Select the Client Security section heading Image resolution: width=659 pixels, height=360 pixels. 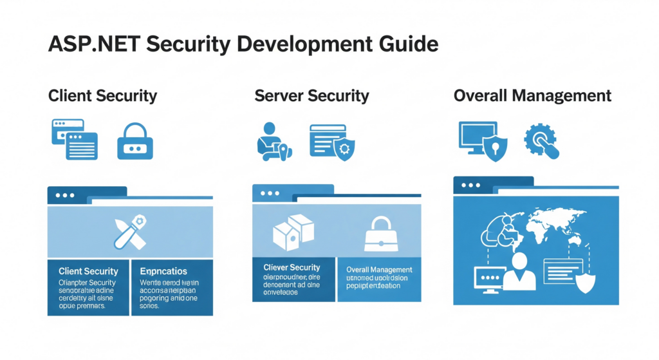click(102, 96)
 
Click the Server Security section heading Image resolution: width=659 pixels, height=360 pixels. click(311, 96)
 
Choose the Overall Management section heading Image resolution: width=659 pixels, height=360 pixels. click(532, 96)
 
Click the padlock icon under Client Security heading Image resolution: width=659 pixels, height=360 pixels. click(135, 141)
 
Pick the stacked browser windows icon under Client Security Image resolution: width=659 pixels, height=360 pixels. click(74, 139)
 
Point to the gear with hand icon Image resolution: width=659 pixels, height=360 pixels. click(542, 141)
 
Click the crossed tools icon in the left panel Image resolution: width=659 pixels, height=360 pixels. click(131, 232)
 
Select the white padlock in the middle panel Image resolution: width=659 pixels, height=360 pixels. click(380, 234)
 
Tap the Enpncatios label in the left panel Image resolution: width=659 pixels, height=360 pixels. click(163, 271)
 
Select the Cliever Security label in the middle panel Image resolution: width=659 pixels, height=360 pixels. click(292, 267)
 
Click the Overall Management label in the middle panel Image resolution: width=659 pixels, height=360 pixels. click(379, 269)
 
